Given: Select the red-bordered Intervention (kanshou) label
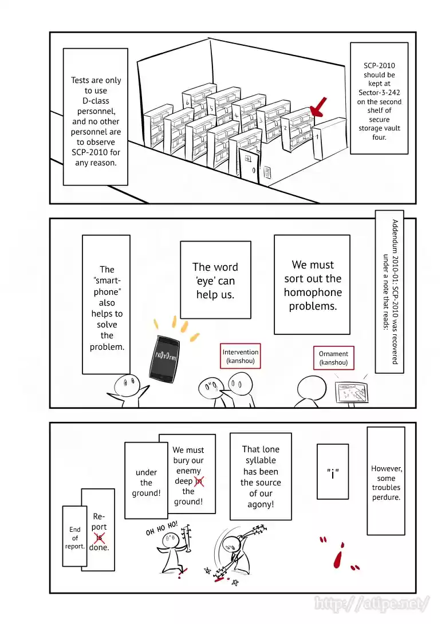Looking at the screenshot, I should pyautogui.click(x=241, y=357).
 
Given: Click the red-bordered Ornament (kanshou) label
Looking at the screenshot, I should pyautogui.click(x=333, y=358).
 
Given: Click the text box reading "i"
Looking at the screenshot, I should pyautogui.click(x=333, y=471).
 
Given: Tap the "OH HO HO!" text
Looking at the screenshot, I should pyautogui.click(x=162, y=528).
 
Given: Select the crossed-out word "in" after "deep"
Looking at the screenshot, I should pyautogui.click(x=198, y=481).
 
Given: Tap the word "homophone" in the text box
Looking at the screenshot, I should pyautogui.click(x=313, y=293).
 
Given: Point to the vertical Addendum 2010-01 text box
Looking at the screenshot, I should pyautogui.click(x=389, y=291).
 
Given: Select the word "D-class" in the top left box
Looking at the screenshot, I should pyautogui.click(x=96, y=101).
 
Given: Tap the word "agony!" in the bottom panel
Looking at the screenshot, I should pyautogui.click(x=261, y=504).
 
